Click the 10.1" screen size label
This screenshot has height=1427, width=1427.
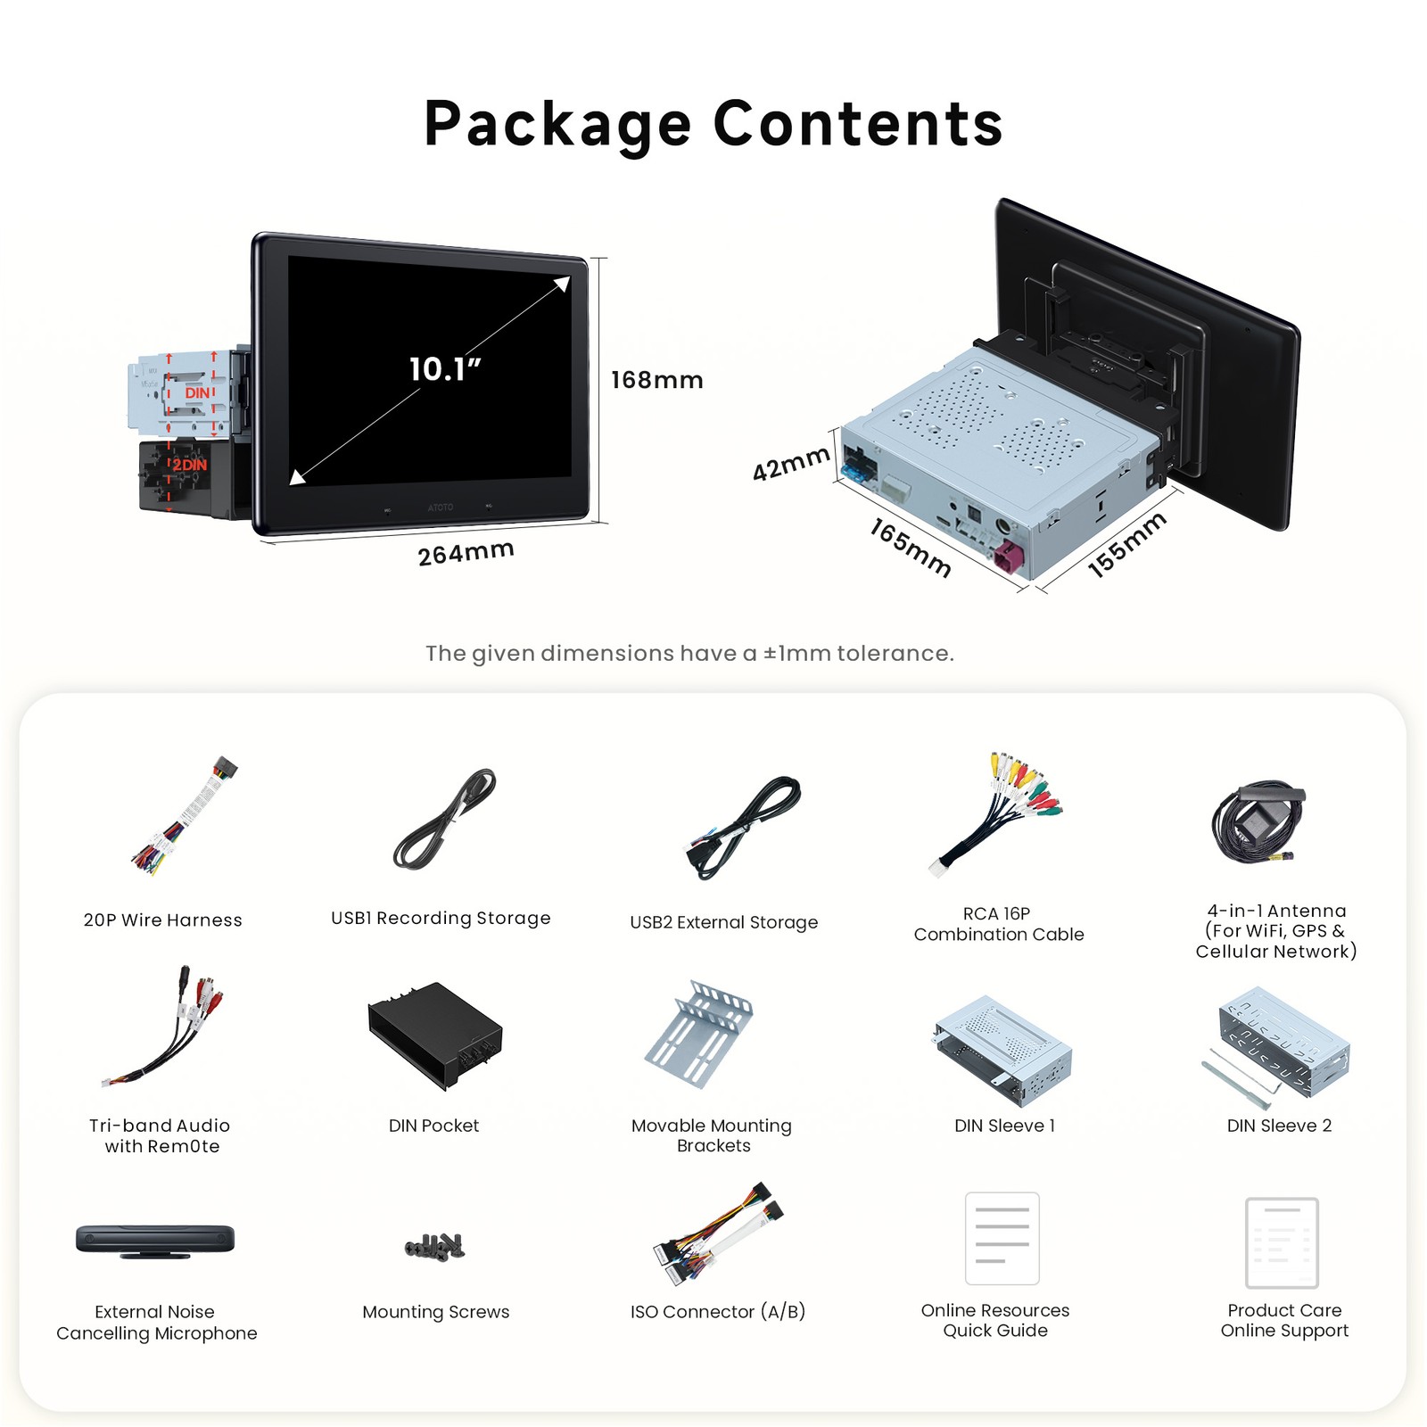pos(445,369)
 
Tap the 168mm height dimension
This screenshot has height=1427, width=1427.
pos(657,381)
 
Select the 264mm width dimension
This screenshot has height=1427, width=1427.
pos(466,553)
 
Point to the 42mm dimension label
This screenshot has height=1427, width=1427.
pos(791,464)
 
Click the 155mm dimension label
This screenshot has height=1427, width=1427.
pos(1127,545)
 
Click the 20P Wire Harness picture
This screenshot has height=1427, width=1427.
pos(186,815)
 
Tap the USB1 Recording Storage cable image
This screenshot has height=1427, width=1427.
pos(444,820)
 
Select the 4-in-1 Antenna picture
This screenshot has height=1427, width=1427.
pos(1258,823)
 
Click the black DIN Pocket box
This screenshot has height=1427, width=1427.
pos(435,1035)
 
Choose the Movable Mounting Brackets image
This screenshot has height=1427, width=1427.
pos(699,1035)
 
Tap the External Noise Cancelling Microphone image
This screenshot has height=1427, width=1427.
pos(155,1241)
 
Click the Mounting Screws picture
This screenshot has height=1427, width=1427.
pos(435,1246)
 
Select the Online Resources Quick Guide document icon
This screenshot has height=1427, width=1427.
pos(1002,1238)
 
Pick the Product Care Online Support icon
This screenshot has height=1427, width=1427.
pos(1282,1242)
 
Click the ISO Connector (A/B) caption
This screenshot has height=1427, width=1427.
pos(718,1311)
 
